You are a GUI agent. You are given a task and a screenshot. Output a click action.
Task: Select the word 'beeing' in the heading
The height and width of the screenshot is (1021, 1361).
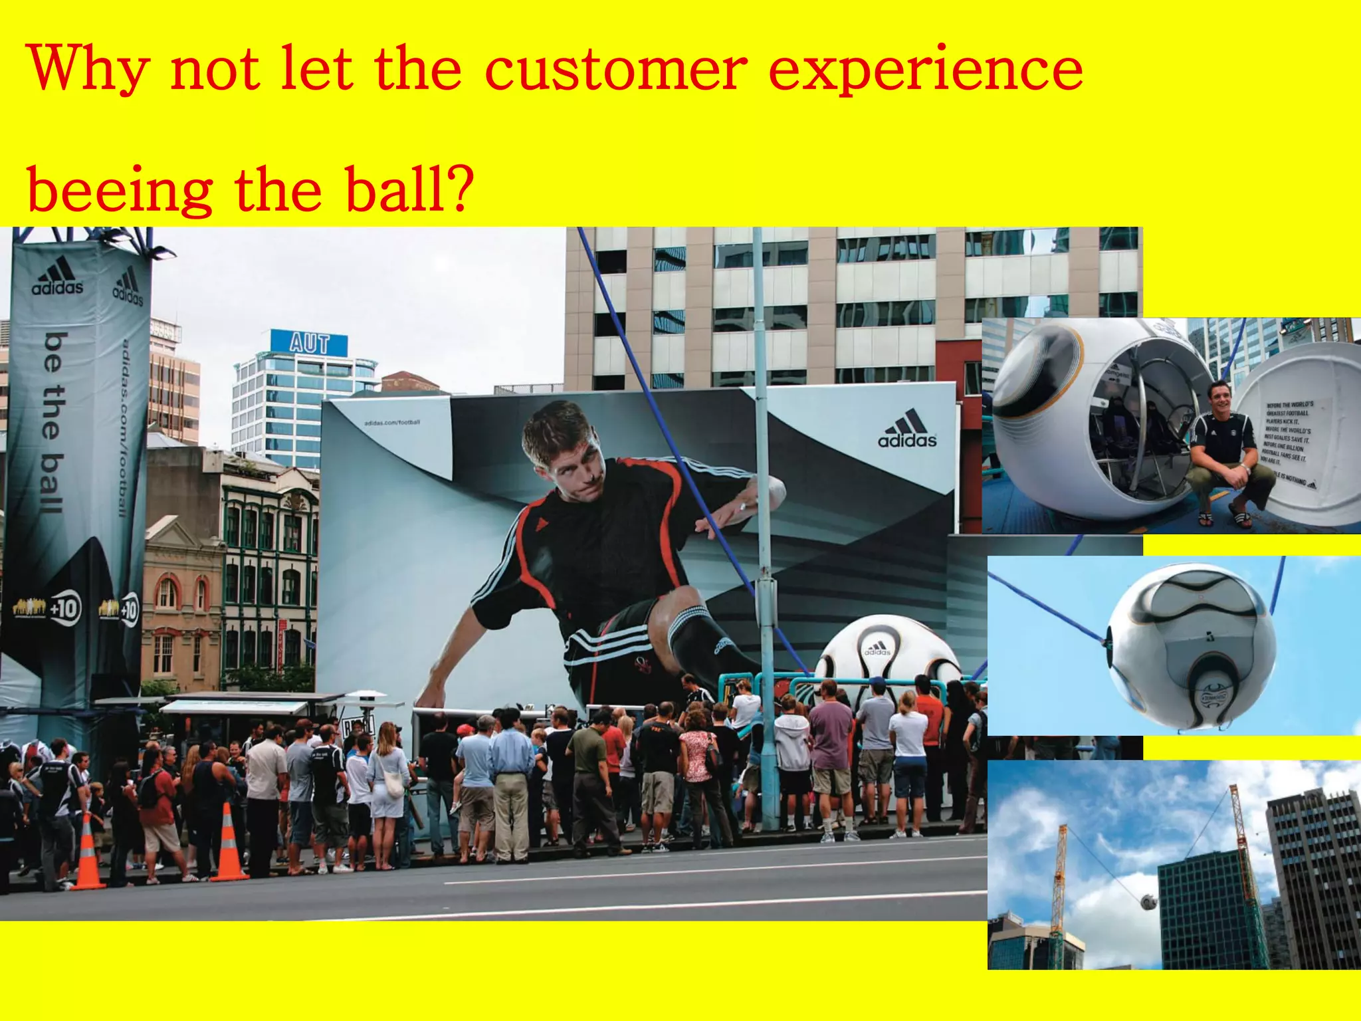coord(120,191)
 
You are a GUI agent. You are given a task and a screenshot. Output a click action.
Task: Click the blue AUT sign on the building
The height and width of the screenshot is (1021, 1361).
coord(309,343)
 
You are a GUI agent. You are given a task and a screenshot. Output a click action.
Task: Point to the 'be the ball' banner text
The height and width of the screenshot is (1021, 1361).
coord(53,423)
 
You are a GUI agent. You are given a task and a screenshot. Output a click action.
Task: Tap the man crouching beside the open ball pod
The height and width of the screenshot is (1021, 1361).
coord(1221,452)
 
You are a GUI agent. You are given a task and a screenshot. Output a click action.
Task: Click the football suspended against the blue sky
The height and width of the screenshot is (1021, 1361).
coord(1193,645)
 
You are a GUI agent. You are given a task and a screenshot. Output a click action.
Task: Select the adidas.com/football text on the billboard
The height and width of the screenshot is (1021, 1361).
coord(392,423)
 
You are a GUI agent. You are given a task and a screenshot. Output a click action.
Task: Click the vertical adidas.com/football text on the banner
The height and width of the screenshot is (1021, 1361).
coord(124,429)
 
